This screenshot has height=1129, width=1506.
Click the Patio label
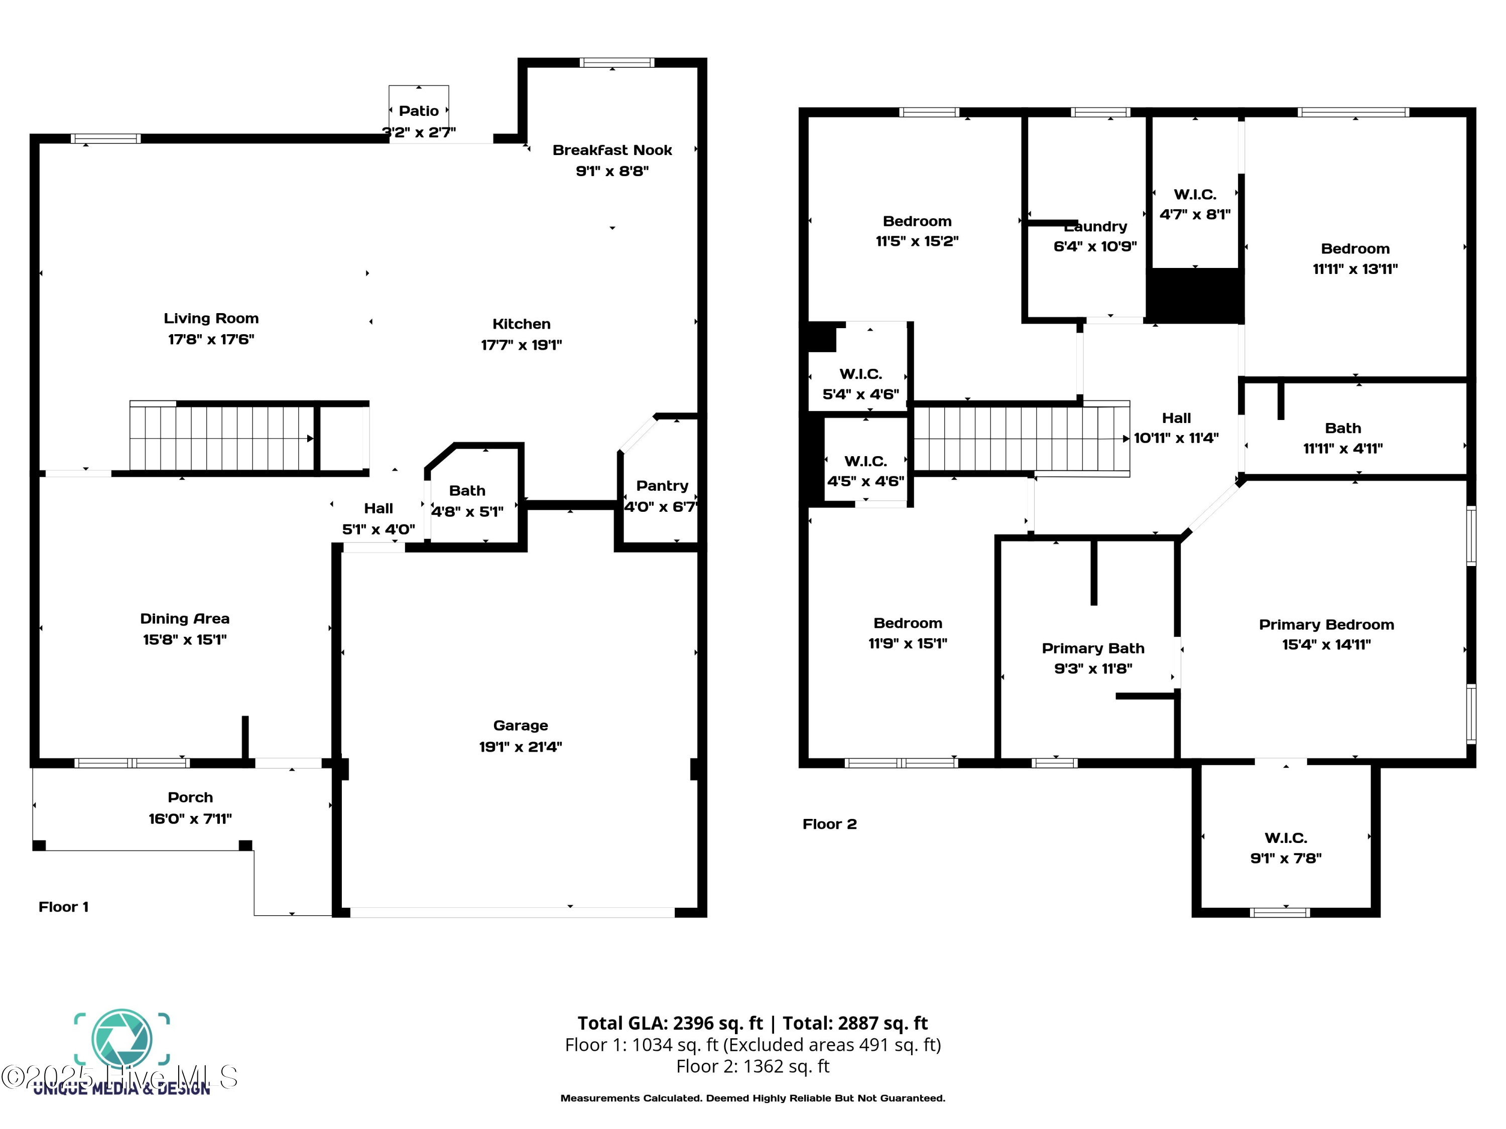click(418, 111)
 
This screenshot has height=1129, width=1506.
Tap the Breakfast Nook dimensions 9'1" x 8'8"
click(612, 171)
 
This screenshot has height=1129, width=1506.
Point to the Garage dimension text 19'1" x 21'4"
click(520, 747)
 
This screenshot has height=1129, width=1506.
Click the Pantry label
click(662, 485)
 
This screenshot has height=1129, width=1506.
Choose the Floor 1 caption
click(63, 907)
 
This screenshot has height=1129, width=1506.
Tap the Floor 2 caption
click(829, 824)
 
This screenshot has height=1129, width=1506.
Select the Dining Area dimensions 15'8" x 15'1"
click(185, 640)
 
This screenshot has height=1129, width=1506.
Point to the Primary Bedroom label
click(1326, 624)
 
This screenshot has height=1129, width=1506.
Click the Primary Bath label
click(1093, 648)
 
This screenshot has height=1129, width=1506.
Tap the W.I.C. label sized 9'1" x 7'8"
click(1286, 838)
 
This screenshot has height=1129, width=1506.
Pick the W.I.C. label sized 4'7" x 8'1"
click(1194, 195)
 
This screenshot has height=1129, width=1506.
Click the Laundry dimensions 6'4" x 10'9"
click(1095, 246)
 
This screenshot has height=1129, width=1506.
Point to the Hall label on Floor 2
click(1176, 418)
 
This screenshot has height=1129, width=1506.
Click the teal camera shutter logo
click(122, 1039)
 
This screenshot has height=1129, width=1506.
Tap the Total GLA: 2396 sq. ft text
click(670, 1023)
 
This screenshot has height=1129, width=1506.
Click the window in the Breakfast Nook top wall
click(616, 63)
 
